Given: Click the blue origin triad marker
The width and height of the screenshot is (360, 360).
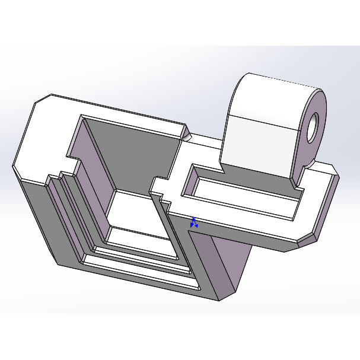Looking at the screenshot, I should coord(194,222).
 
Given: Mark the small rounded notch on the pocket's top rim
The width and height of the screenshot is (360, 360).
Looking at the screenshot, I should coord(188,136).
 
